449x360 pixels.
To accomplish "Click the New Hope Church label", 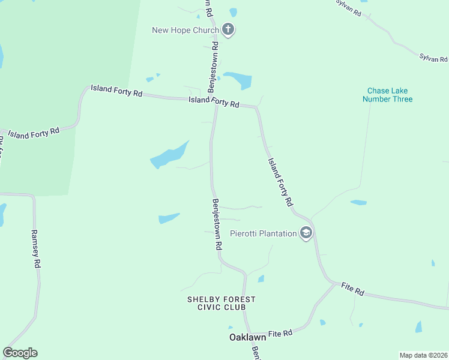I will pyautogui.click(x=185, y=30).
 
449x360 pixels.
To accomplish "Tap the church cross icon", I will pyautogui.click(x=228, y=29).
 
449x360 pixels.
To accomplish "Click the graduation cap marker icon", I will pyautogui.click(x=306, y=233).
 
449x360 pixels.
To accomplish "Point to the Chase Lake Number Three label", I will pyautogui.click(x=387, y=95).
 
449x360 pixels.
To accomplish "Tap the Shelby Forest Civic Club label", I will pyautogui.click(x=221, y=303).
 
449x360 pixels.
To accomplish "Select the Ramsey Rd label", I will pyautogui.click(x=36, y=248).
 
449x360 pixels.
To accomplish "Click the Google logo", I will pyautogui.click(x=20, y=353).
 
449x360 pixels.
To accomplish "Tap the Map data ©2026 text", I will pyautogui.click(x=423, y=355).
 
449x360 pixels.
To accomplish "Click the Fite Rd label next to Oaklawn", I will pyautogui.click(x=280, y=332).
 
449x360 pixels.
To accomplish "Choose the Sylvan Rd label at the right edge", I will pyautogui.click(x=433, y=58).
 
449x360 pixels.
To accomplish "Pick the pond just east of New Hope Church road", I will pyautogui.click(x=238, y=80).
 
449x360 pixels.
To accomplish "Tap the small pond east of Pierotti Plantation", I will pyautogui.click(x=358, y=202).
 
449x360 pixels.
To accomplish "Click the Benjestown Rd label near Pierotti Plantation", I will pyautogui.click(x=217, y=224).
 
